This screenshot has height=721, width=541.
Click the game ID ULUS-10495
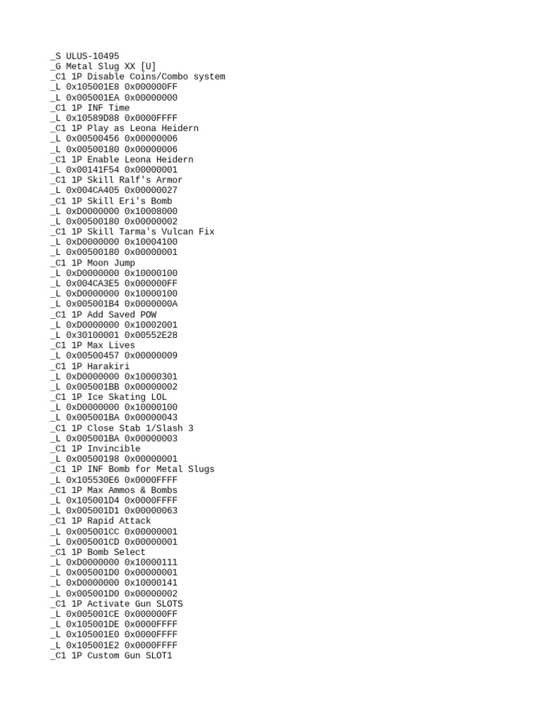point(92,56)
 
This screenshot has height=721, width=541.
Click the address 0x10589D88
point(92,118)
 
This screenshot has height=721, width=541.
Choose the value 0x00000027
point(151,190)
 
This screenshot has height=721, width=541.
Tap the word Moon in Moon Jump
point(98,263)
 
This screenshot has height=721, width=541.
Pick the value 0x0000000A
point(151,303)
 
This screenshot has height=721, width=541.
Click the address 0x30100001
point(92,335)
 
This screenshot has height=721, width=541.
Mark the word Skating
point(126,397)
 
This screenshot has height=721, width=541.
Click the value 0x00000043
point(151,418)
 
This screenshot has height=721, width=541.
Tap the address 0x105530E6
point(92,479)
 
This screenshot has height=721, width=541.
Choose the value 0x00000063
point(151,510)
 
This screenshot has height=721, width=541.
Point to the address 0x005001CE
point(92,614)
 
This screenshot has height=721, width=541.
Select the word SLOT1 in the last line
point(158,656)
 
